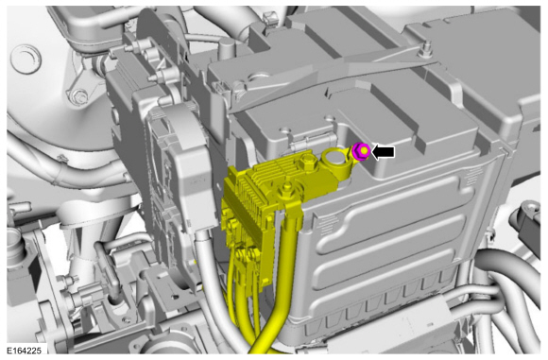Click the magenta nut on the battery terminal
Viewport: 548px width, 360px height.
(x=361, y=151)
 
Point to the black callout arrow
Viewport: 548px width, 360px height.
(x=383, y=152)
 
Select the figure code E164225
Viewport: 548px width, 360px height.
(x=24, y=351)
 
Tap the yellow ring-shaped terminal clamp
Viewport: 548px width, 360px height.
(x=335, y=163)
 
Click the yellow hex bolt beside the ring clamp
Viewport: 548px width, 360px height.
(x=308, y=163)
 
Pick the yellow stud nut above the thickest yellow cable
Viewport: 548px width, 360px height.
(x=286, y=189)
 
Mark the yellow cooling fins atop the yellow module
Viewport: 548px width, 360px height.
(x=276, y=168)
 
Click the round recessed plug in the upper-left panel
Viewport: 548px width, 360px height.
(x=26, y=59)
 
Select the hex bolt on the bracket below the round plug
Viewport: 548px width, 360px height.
(x=79, y=96)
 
